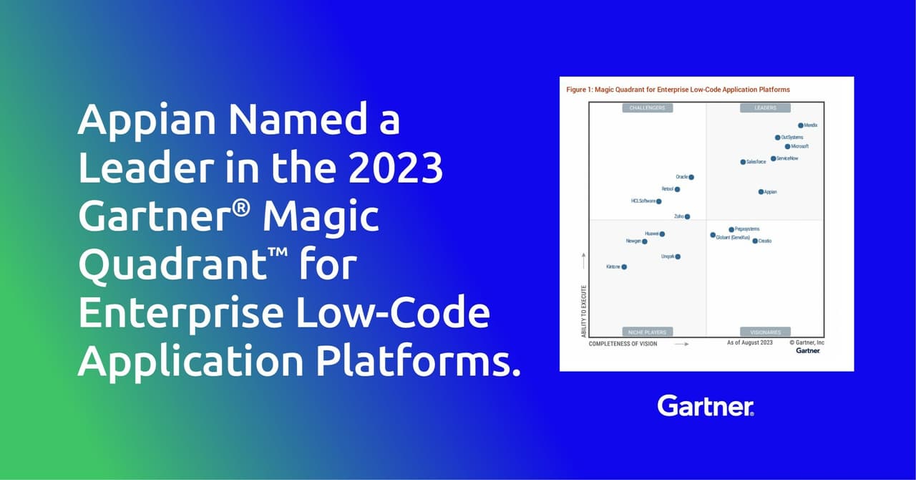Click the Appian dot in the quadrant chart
point(761,192)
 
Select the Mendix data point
point(801,125)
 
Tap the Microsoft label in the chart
point(800,146)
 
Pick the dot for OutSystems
point(778,138)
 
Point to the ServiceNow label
point(787,158)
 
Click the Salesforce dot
point(743,162)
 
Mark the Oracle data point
point(691,177)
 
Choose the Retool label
point(667,189)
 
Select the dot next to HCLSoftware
point(659,201)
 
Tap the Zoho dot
point(687,216)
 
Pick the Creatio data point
point(755,241)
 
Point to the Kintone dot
point(624,267)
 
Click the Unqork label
point(668,256)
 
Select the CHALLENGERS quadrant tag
point(647,108)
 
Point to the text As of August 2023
point(749,343)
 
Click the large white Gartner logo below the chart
point(705,406)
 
